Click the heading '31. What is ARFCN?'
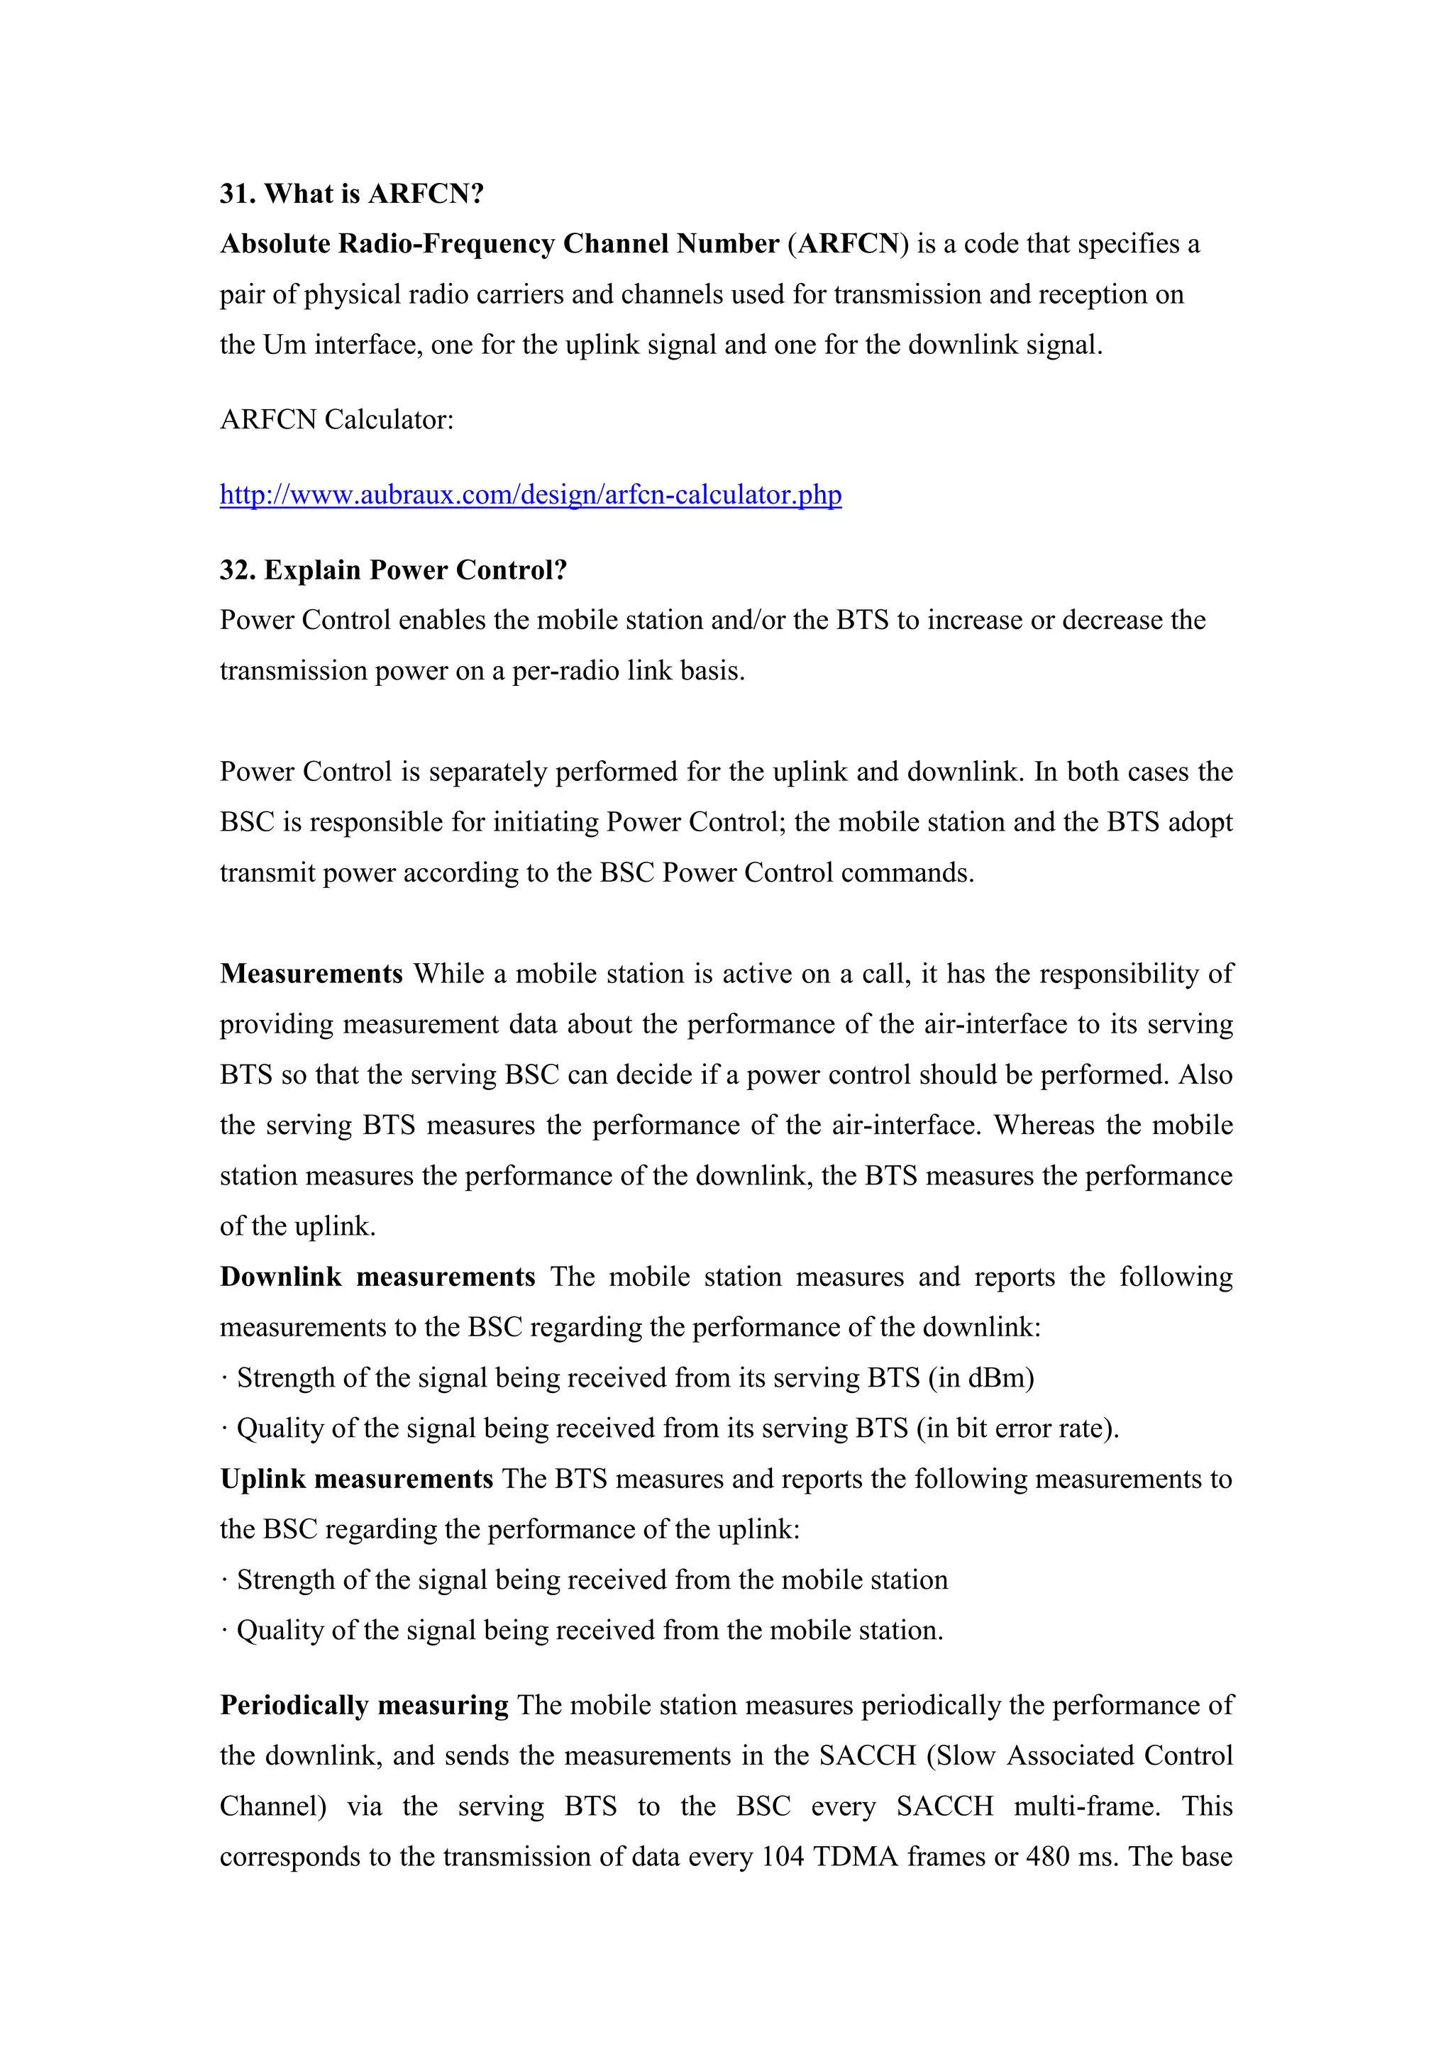pyautogui.click(x=352, y=194)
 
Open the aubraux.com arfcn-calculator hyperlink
pyautogui.click(x=531, y=495)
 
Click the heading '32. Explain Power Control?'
pyautogui.click(x=394, y=570)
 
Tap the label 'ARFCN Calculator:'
pyautogui.click(x=336, y=420)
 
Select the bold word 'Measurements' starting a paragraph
pyautogui.click(x=311, y=973)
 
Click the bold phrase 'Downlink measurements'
pyautogui.click(x=377, y=1277)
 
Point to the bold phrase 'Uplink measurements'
pyautogui.click(x=356, y=1479)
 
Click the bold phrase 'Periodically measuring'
pyautogui.click(x=364, y=1705)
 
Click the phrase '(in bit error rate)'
pyautogui.click(x=1017, y=1428)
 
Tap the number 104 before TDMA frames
pyautogui.click(x=783, y=1856)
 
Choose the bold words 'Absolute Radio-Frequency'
pyautogui.click(x=387, y=244)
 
